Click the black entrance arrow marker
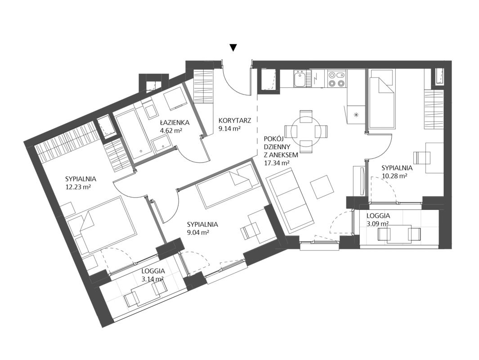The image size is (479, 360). tap(233, 47)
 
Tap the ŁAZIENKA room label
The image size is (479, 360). tap(175, 122)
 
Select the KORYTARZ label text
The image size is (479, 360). tap(235, 121)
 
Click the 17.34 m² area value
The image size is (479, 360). tap(277, 163)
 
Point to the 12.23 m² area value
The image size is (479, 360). tap(78, 187)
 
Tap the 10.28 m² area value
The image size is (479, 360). tap(395, 175)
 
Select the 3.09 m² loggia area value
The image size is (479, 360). tap(378, 223)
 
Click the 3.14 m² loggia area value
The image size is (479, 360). tap(152, 279)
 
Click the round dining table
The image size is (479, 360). tap(306, 131)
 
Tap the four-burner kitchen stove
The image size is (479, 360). tap(336, 78)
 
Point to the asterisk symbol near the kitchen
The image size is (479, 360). tap(356, 115)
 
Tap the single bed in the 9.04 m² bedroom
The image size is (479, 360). tap(228, 186)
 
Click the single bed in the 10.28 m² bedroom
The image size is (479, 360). tap(381, 103)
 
